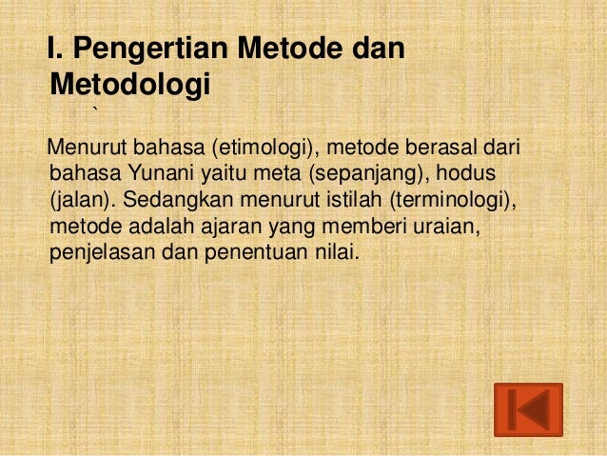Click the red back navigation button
[x=528, y=410]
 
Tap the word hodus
[x=471, y=176]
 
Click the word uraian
[x=429, y=228]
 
